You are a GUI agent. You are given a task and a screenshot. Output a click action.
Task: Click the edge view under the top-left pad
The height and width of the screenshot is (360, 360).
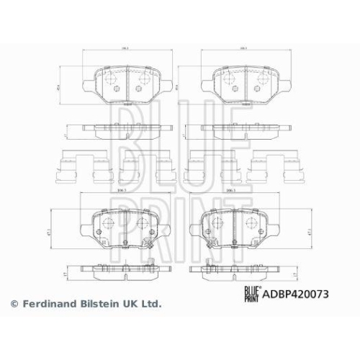tap(127, 129)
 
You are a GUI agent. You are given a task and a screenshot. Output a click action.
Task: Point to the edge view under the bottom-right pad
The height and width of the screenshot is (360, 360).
tap(234, 272)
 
